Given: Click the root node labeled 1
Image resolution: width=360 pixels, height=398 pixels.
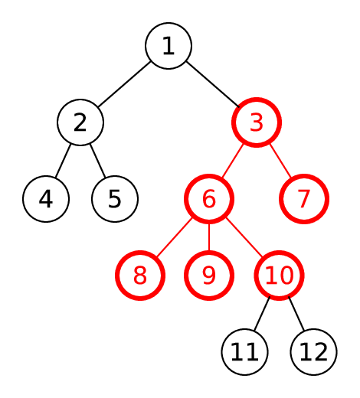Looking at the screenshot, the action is click(x=169, y=46).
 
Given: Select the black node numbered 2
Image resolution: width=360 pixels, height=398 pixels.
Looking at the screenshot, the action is click(x=80, y=122).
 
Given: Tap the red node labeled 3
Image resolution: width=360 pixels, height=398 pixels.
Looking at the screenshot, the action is click(x=257, y=122).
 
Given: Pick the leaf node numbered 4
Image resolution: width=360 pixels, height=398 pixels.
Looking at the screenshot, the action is click(x=46, y=199).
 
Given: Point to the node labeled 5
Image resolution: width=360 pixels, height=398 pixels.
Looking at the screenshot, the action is click(x=115, y=199).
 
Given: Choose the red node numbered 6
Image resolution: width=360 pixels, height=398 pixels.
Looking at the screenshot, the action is click(x=209, y=199).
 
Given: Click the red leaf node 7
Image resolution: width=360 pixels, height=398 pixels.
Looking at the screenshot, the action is click(x=304, y=199).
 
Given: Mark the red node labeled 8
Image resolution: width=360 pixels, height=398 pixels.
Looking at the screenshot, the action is click(x=140, y=276).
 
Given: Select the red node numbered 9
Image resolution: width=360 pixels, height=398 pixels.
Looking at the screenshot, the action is click(x=209, y=276).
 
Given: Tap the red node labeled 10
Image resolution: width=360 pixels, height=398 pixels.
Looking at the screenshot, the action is click(x=279, y=276).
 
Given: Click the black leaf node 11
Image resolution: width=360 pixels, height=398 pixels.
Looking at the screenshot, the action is click(x=244, y=352).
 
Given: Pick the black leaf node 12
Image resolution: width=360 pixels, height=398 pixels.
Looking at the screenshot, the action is click(x=313, y=352).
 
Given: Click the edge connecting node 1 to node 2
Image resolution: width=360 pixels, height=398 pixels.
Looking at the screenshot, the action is click(x=124, y=84).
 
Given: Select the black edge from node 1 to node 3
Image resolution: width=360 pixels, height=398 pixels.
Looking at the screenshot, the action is click(x=213, y=84).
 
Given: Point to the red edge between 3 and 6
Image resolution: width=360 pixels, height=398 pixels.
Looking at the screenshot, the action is click(x=232, y=161).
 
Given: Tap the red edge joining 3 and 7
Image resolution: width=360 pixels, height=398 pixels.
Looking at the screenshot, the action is click(x=280, y=161).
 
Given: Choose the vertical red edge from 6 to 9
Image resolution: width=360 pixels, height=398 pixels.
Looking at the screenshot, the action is click(x=209, y=237).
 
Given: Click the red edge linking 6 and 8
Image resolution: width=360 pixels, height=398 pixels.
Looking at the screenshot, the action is click(x=175, y=237).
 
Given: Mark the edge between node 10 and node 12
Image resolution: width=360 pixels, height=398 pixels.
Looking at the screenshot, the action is click(x=296, y=314).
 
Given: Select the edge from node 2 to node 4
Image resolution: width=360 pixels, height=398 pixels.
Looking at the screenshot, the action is click(x=63, y=161).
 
